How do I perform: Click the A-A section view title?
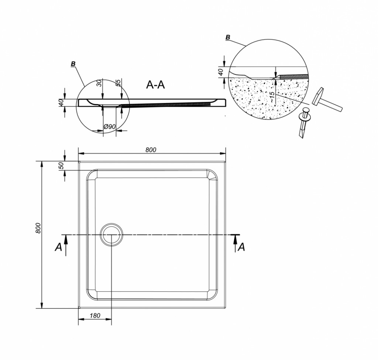tap(155, 85)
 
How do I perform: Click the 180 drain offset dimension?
tap(95, 315)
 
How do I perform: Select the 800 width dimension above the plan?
tap(151, 150)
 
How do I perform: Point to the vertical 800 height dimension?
tap(38, 228)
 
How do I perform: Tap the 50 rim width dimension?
tap(61, 166)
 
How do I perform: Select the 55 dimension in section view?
tap(118, 83)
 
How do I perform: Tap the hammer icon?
tap(327, 99)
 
